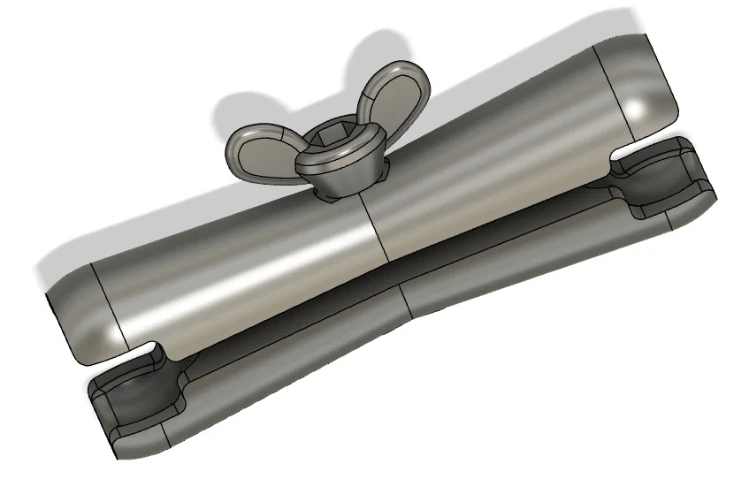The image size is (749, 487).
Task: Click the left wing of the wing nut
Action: point(256,148)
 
